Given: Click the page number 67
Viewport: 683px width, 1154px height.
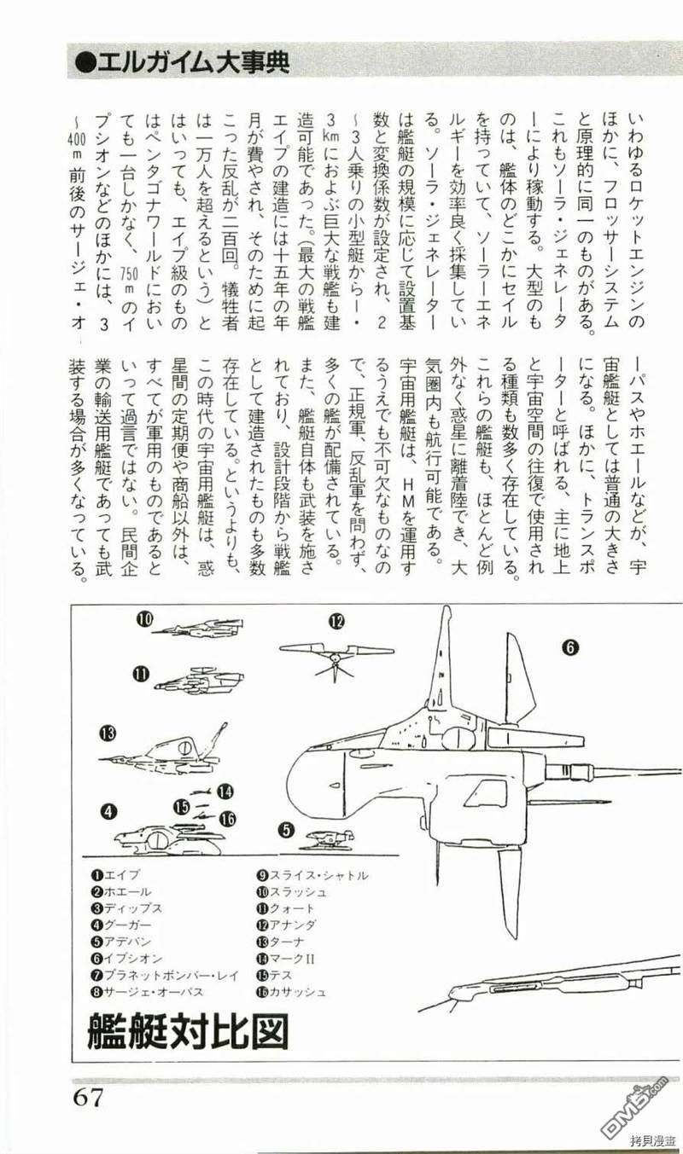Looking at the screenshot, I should [87, 1096].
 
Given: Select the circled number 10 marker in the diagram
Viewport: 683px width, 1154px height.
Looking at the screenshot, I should [146, 620].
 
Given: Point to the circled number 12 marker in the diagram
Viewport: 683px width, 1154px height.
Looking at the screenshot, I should [336, 621].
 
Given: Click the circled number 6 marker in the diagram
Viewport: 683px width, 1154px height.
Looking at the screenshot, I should [570, 647].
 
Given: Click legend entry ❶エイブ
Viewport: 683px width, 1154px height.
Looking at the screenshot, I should [117, 875].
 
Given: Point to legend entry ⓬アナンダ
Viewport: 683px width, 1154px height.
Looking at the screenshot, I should [287, 925].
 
